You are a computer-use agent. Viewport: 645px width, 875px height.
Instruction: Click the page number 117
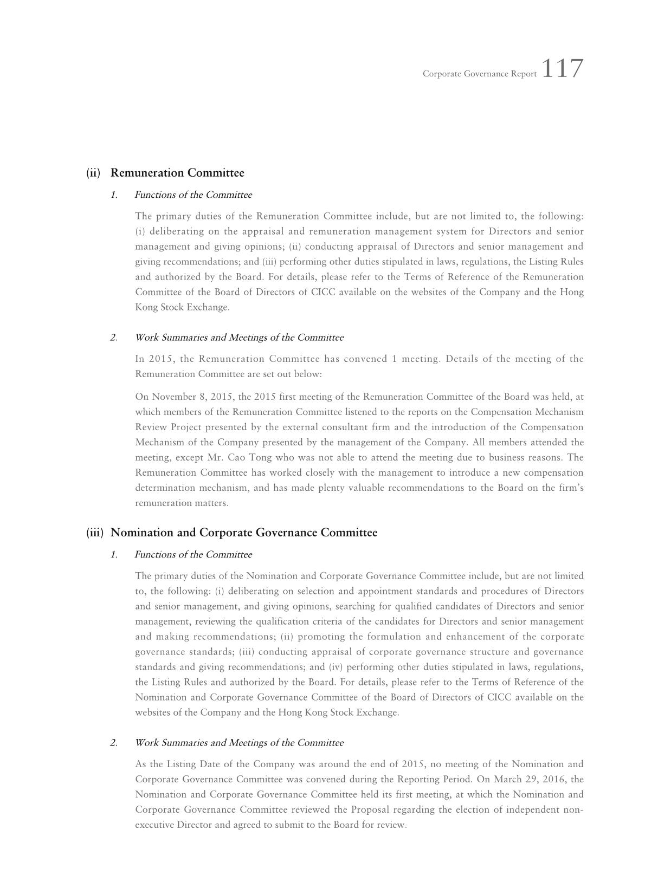point(562,69)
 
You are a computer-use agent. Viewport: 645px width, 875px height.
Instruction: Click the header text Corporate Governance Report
point(479,74)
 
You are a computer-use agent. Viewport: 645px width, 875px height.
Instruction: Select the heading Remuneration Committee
point(177,173)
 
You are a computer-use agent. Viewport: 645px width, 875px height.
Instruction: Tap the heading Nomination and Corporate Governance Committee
point(244,533)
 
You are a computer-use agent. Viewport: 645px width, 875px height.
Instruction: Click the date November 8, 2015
point(192,397)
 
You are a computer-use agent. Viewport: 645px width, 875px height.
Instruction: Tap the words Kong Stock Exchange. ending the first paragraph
point(182,307)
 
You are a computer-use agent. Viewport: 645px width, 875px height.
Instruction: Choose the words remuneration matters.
point(182,503)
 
